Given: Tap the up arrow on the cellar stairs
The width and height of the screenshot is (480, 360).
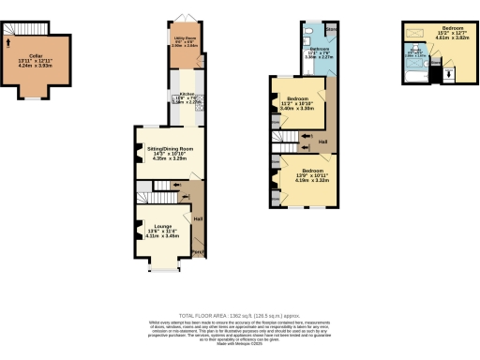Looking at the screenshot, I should coord(9,40).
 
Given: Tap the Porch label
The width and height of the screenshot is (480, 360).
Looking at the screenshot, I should coord(199,251).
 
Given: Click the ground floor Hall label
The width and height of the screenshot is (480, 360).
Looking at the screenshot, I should coord(199,218).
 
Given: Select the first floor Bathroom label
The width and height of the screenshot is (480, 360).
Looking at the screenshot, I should coord(320,49).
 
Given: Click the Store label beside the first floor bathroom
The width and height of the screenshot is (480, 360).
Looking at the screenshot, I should coord(332,31).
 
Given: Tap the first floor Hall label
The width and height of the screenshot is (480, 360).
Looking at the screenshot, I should coord(322,142).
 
